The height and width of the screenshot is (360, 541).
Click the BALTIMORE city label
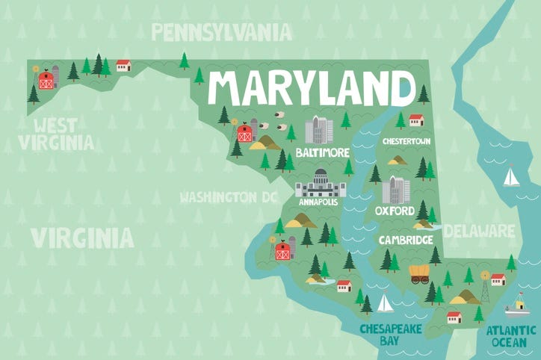pyautogui.click(x=322, y=152)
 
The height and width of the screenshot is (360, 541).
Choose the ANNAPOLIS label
pyautogui.click(x=318, y=202)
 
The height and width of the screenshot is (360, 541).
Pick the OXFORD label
pyautogui.click(x=395, y=211)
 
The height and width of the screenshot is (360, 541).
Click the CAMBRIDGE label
pyautogui.click(x=406, y=240)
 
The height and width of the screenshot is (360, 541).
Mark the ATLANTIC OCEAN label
pyautogui.click(x=511, y=335)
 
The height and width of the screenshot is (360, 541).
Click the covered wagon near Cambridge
pyautogui.click(x=420, y=274)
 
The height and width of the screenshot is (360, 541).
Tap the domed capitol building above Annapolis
pyautogui.click(x=321, y=183)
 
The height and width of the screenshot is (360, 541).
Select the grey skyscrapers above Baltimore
pyautogui.click(x=318, y=130)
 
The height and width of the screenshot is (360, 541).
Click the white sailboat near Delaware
pyautogui.click(x=511, y=177)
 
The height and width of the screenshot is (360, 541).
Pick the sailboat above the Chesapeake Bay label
pyautogui.click(x=384, y=303)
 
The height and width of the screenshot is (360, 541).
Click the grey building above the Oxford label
pyautogui.click(x=396, y=190)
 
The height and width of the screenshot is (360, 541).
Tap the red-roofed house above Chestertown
pyautogui.click(x=416, y=120)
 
